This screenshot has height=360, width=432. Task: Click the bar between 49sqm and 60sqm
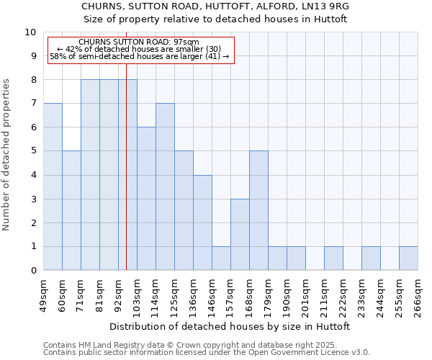53,186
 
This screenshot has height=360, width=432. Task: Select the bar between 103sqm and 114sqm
146,198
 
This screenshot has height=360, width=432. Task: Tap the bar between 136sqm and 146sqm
202,222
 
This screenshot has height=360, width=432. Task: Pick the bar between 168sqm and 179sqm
258,210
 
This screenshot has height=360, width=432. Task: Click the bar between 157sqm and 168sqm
240,234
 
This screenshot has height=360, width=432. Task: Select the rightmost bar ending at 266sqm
408,258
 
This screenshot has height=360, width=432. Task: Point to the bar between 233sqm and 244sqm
371,258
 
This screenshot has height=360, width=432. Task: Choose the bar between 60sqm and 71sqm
71,210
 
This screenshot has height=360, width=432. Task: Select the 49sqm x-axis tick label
44,295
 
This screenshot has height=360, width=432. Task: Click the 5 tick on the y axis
33,151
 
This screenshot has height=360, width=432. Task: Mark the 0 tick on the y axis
33,271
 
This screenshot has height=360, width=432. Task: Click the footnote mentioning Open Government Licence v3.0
207,352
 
